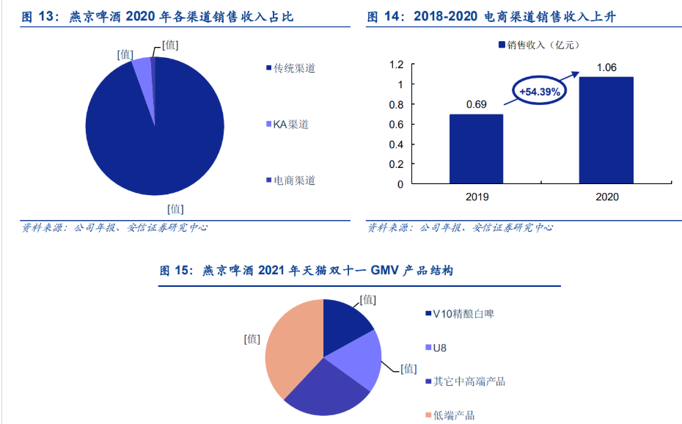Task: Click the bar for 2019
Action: [476, 149]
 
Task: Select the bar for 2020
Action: [606, 130]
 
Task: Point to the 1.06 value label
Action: [606, 67]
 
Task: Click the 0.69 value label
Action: [476, 104]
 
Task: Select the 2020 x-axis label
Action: [606, 197]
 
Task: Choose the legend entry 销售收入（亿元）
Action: [538, 45]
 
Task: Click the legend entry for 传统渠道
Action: [293, 68]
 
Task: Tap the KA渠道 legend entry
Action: [290, 124]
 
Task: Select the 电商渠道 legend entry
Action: [293, 180]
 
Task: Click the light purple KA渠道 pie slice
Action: [143, 73]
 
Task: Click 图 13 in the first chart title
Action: [38, 17]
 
